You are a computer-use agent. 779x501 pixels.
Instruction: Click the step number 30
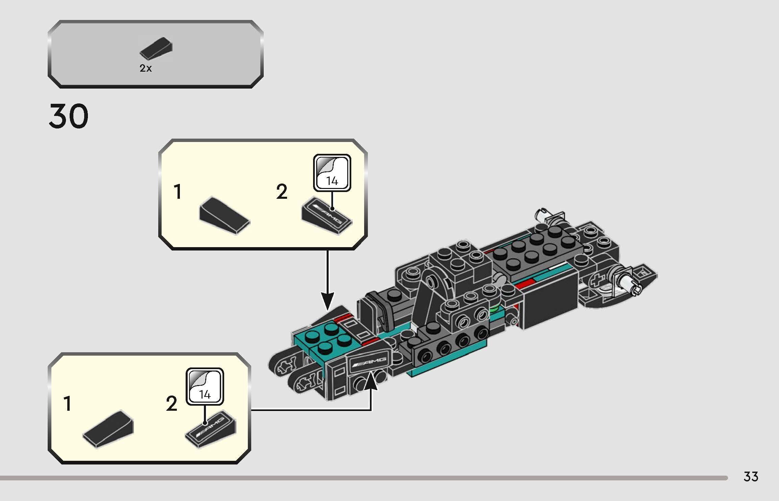[69, 117]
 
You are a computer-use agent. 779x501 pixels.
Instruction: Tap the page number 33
[751, 477]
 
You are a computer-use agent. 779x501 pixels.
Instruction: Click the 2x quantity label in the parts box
[146, 69]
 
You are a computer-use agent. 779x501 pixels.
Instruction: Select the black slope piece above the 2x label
[156, 48]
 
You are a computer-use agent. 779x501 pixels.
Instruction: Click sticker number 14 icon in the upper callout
[332, 173]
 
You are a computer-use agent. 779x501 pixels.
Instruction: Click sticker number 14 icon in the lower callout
[205, 386]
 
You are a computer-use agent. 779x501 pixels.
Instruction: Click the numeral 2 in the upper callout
[282, 192]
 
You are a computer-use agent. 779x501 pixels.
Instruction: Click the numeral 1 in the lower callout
[68, 404]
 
